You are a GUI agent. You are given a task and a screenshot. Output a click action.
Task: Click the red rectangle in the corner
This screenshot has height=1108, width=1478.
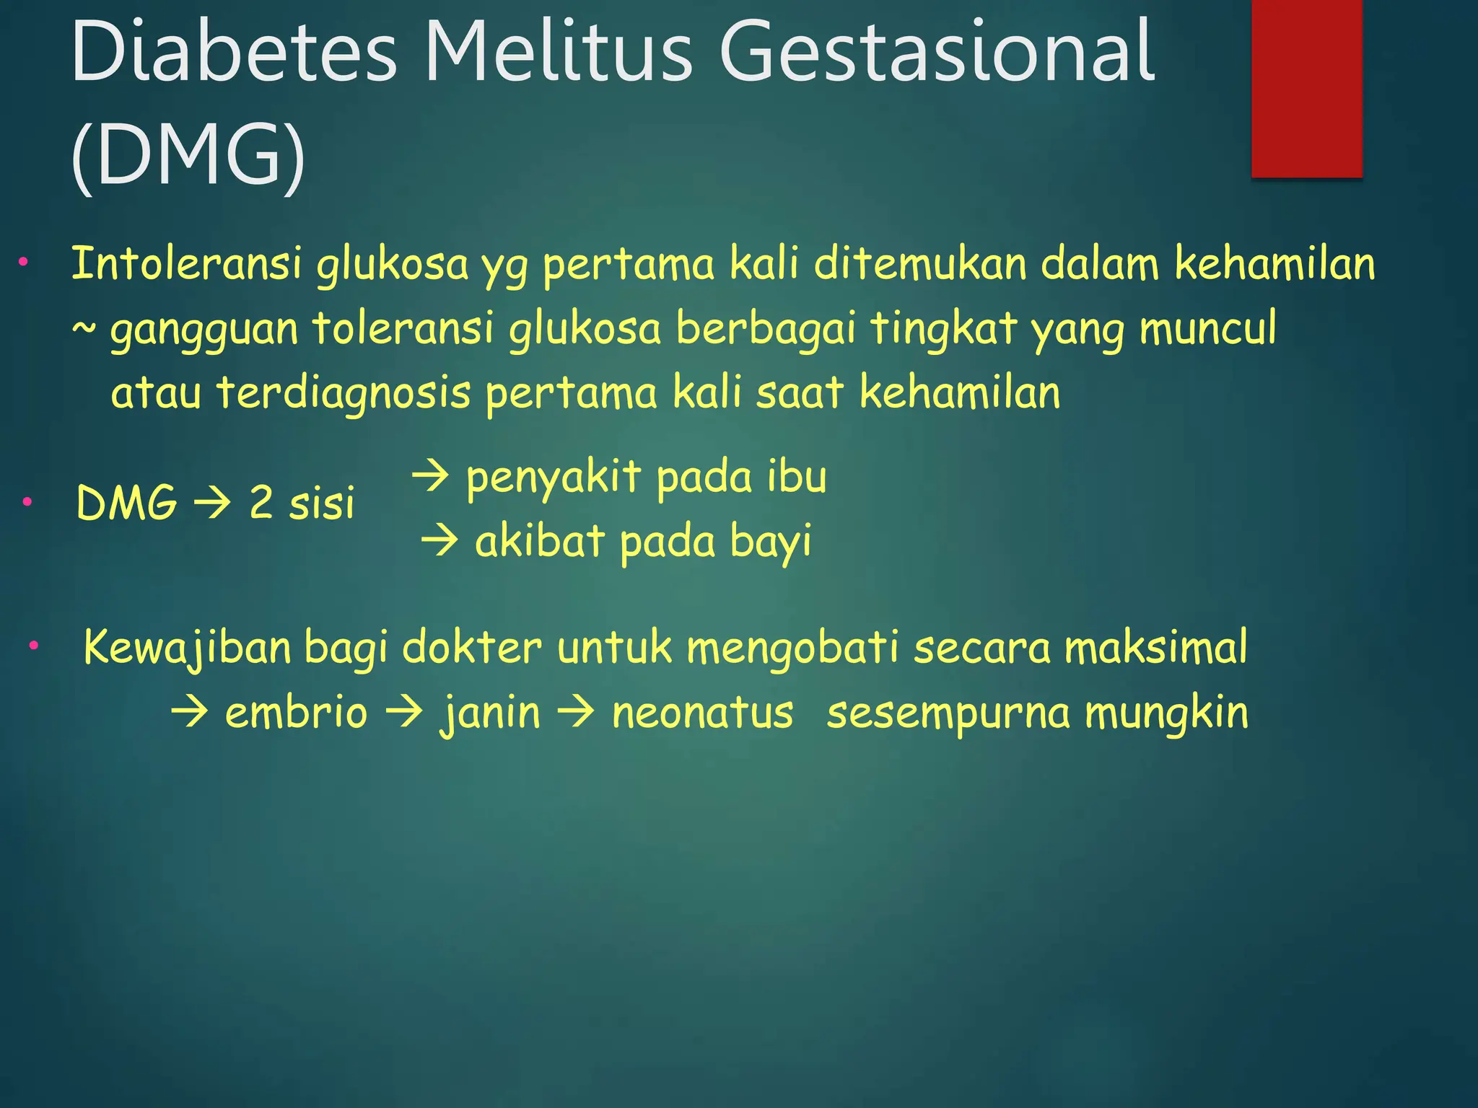1306,88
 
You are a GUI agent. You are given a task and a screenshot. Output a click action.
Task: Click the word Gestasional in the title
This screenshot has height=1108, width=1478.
937,52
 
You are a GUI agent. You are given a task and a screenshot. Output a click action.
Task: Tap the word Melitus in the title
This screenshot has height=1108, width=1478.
558,52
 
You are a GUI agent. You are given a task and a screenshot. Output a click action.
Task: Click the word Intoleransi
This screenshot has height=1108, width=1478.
186,263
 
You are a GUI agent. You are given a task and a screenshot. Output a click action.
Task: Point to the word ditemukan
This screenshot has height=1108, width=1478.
919,263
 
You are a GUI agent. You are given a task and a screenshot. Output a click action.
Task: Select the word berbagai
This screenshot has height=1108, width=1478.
765,328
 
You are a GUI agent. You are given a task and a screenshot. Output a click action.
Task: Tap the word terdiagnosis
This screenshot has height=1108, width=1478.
344,393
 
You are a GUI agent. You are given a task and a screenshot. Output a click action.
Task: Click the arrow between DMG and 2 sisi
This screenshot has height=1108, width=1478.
213,503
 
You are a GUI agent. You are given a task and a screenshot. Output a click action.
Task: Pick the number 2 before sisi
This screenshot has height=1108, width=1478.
261,503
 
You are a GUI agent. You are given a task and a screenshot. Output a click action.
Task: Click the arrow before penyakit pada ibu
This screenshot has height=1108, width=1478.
431,477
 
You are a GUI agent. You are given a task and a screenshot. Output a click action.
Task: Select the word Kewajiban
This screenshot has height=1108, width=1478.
187,647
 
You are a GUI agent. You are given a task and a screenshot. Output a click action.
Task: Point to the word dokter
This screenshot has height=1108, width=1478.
471,647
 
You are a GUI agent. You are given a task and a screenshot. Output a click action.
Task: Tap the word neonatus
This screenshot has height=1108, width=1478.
702,713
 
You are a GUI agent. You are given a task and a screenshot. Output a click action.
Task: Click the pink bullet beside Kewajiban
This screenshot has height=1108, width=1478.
33,646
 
